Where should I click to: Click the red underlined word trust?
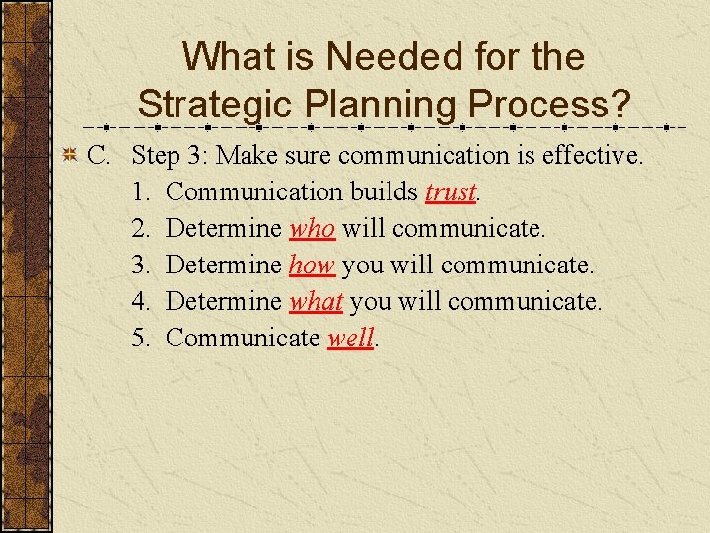click(451, 191)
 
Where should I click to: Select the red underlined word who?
click(312, 228)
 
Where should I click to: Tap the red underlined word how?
click(312, 265)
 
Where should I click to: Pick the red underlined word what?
click(316, 301)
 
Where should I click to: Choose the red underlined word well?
click(350, 338)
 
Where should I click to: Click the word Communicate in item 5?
click(244, 338)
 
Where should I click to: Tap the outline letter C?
click(97, 155)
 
